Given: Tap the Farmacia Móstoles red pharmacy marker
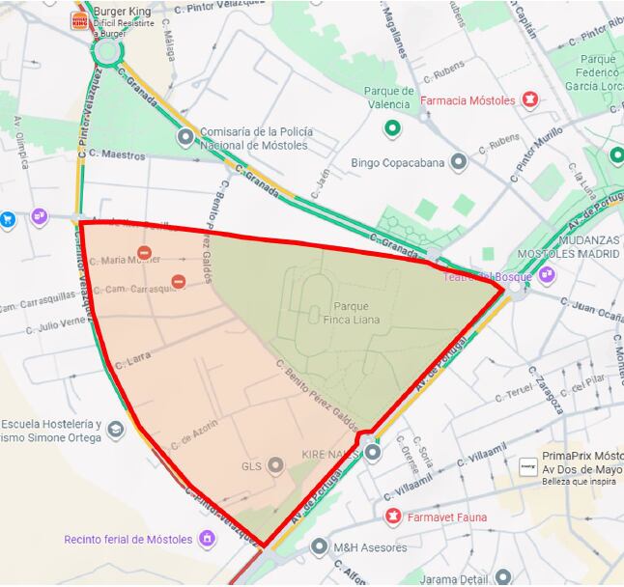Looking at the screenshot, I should (529, 99).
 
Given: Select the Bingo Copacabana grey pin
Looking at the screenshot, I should (460, 162).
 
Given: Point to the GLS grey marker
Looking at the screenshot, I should (276, 466).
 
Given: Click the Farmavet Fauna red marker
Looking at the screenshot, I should (393, 517).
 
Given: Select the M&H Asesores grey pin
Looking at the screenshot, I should (320, 547).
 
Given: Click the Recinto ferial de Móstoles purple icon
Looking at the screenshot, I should (207, 539).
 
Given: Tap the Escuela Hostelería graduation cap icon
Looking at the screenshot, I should (116, 430).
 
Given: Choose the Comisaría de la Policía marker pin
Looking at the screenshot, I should (184, 138).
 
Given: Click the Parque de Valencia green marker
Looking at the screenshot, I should (391, 127).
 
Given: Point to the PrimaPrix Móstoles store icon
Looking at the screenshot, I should (527, 466).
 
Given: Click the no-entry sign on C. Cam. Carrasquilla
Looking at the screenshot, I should (178, 281).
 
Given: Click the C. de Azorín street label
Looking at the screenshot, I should (195, 433).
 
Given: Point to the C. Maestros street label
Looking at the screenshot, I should (117, 154).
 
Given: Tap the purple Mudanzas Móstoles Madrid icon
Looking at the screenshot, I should (547, 274).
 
